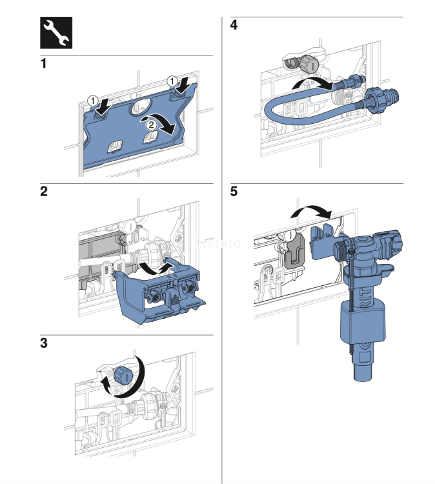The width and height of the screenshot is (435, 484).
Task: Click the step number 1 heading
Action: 44,65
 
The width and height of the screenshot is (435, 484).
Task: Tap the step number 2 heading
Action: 44,192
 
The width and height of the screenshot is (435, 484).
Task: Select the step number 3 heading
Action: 44,343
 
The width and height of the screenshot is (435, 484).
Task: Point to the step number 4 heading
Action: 234,26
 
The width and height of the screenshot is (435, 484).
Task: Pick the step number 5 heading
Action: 234,192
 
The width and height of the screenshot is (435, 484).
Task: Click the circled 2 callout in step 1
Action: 149,123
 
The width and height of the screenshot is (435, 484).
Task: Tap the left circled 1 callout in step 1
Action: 93,101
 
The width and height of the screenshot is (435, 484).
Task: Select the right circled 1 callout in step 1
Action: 172,81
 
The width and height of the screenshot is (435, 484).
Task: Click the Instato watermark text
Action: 218,243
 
